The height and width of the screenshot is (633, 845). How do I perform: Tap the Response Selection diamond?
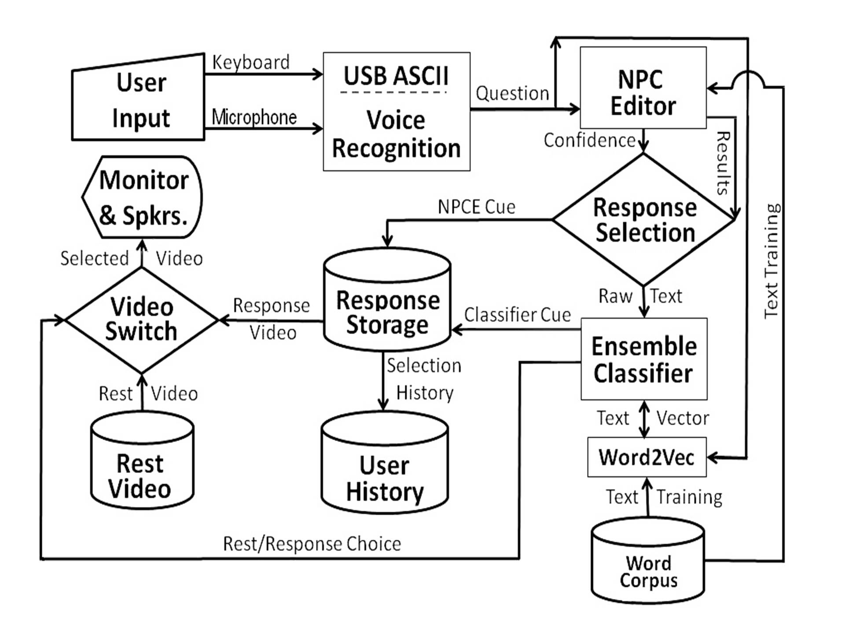tap(644, 220)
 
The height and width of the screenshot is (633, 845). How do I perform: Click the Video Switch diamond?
tap(141, 320)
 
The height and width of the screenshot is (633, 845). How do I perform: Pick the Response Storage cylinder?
tap(387, 303)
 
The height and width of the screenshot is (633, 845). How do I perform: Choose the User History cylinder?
tap(385, 466)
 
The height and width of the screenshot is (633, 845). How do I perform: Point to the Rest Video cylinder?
tap(142, 464)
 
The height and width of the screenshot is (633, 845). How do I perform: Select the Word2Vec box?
tap(647, 457)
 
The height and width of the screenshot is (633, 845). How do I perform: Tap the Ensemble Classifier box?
tap(644, 359)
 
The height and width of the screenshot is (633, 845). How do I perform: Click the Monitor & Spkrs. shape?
tap(143, 197)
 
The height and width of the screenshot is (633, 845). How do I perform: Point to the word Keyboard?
tap(251, 62)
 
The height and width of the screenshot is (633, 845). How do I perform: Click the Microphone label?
tap(254, 117)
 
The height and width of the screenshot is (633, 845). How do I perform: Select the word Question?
tap(512, 94)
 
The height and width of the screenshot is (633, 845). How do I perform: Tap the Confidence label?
tap(589, 141)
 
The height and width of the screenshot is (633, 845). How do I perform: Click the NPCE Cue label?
tap(476, 207)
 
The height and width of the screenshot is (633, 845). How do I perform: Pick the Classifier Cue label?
tap(518, 315)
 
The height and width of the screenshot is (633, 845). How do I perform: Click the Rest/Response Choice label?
tap(312, 544)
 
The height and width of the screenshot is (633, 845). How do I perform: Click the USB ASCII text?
tap(396, 76)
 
